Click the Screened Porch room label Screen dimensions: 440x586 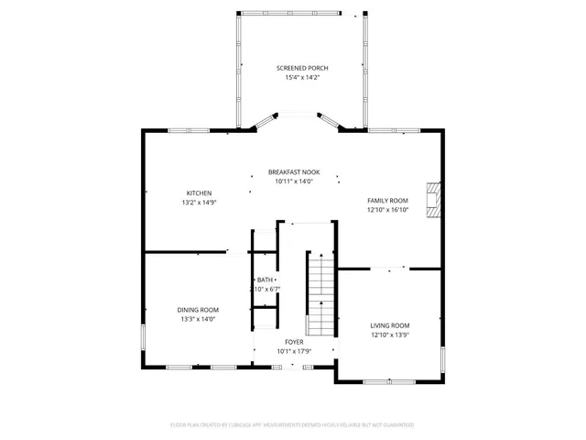click(302, 69)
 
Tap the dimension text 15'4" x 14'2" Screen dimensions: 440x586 click(302, 78)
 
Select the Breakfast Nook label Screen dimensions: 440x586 click(294, 172)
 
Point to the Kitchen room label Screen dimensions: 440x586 click(200, 193)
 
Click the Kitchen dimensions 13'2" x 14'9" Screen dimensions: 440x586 click(200, 203)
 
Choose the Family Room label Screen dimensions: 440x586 click(387, 201)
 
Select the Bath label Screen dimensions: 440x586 click(265, 280)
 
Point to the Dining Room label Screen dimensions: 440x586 click(199, 310)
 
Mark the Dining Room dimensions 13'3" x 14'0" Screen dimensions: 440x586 click(199, 320)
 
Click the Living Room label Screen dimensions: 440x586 click(389, 325)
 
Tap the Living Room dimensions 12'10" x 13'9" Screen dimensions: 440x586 click(389, 335)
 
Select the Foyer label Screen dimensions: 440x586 click(294, 342)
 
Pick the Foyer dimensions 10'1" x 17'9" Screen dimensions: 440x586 click(294, 351)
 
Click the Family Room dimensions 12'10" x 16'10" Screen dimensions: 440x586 click(387, 210)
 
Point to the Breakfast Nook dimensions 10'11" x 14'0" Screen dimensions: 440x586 click(294, 181)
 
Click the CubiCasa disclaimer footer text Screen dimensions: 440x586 click(293, 425)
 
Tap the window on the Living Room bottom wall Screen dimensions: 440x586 click(389, 380)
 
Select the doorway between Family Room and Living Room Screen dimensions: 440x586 click(389, 269)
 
